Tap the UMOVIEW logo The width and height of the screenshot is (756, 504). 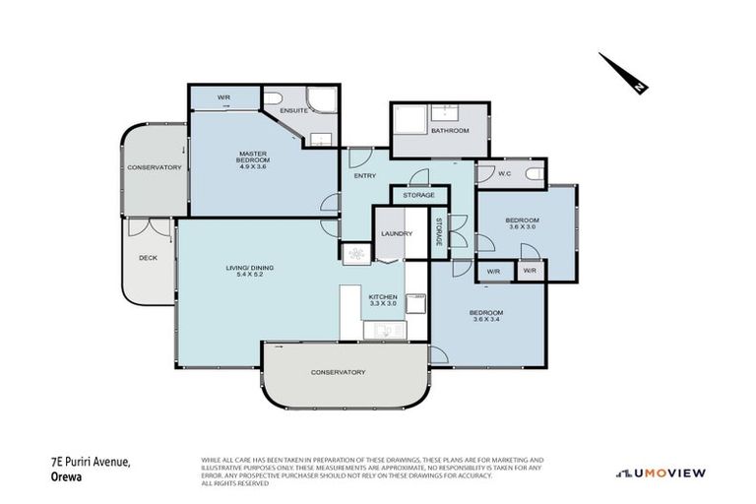[661, 472]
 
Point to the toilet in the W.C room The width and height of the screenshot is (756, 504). [535, 174]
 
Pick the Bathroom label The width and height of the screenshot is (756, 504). [449, 130]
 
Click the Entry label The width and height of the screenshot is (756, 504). [352, 175]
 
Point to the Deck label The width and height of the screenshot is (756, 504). [147, 258]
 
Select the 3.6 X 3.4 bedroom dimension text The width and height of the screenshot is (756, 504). [487, 318]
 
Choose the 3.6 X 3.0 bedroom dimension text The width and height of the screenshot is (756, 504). [523, 226]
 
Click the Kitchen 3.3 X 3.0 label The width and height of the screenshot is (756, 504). [382, 300]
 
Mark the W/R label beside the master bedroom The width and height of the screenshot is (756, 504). [223, 97]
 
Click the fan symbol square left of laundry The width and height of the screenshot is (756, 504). [354, 253]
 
